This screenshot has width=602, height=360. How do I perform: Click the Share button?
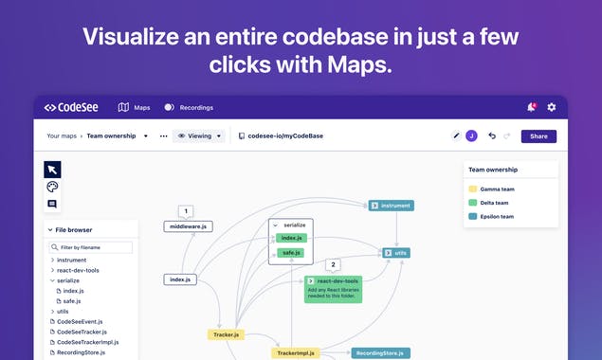(x=538, y=136)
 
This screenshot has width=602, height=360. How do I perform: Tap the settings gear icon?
(x=552, y=107)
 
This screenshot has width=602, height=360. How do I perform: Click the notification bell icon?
(x=531, y=107)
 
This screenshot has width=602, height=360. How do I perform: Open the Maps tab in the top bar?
(x=135, y=108)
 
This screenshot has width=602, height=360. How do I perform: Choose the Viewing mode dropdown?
(x=199, y=136)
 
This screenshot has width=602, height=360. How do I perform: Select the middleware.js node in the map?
(x=188, y=226)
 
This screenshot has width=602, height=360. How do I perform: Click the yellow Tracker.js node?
(x=227, y=334)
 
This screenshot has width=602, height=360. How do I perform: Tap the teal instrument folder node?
(x=392, y=205)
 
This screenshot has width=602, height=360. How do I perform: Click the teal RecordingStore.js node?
(x=380, y=353)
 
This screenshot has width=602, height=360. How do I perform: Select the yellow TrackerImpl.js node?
(x=295, y=353)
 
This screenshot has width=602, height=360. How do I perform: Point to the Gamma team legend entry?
(x=497, y=189)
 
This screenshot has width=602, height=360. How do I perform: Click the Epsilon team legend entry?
(x=498, y=216)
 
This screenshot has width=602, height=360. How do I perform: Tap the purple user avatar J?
(x=472, y=136)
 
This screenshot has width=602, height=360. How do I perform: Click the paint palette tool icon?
(x=52, y=187)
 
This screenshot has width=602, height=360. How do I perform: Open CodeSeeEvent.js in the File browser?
(x=80, y=321)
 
